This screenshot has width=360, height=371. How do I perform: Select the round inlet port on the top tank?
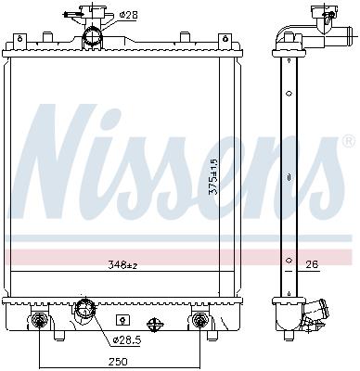tap(92, 37)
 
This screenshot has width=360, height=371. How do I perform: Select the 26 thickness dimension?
tap(313, 265)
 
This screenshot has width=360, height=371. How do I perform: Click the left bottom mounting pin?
tap(39, 322)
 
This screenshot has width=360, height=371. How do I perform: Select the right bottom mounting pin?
tap(199, 322)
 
